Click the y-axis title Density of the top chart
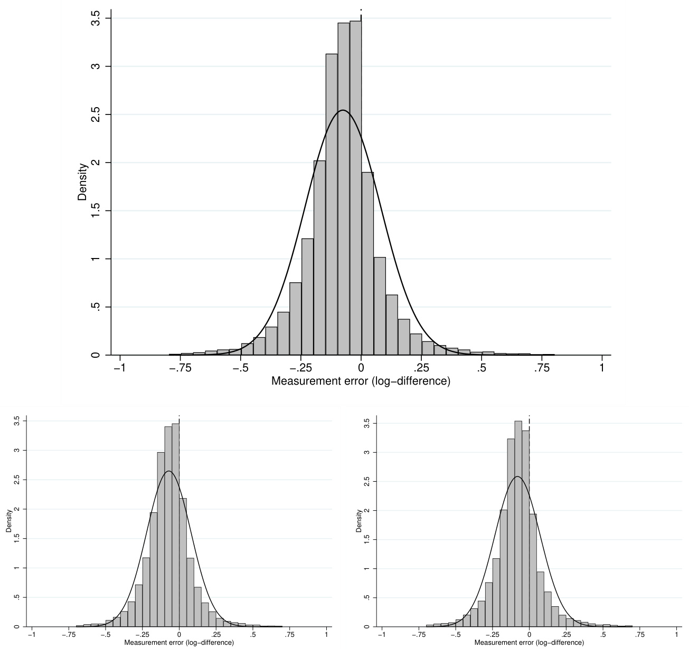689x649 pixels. (82, 182)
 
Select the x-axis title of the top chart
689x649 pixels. (361, 381)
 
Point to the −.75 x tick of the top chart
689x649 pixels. (181, 368)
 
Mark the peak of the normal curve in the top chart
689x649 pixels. (343, 110)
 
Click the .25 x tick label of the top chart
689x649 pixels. (421, 368)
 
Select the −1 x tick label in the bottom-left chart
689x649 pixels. (32, 635)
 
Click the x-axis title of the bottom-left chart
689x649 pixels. (179, 643)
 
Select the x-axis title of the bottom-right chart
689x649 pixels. (529, 643)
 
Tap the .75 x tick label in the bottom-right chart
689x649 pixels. (639, 635)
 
